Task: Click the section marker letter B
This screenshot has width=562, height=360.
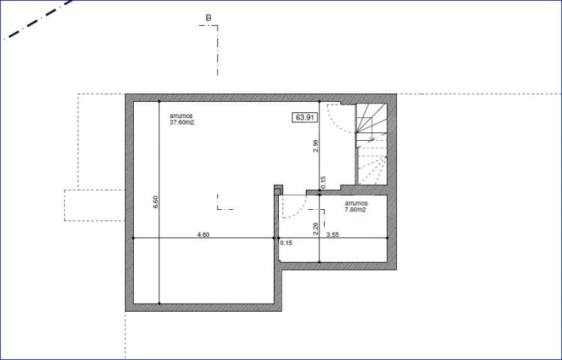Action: point(208,18)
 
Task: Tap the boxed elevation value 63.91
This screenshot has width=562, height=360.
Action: point(305,117)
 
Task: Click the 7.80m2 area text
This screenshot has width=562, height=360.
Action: point(355,210)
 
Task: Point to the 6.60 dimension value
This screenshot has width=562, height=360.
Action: point(155,202)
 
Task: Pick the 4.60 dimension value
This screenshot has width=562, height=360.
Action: point(203,235)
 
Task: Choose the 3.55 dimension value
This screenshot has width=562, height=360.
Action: point(333,235)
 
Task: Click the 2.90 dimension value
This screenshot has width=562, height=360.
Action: point(315,146)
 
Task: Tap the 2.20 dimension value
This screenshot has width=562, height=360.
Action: point(315,229)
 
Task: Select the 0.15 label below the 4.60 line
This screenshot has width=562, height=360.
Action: point(286,243)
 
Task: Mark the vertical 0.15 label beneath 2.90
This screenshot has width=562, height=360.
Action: point(323,183)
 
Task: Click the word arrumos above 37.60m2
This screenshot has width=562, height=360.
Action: point(181,116)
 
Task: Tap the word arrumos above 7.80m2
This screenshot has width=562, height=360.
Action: point(356,203)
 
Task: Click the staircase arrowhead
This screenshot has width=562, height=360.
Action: point(373,138)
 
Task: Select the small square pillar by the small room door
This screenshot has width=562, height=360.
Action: point(278,190)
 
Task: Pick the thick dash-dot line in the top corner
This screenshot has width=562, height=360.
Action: point(38,19)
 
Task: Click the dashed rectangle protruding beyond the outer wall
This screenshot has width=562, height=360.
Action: point(95,205)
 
